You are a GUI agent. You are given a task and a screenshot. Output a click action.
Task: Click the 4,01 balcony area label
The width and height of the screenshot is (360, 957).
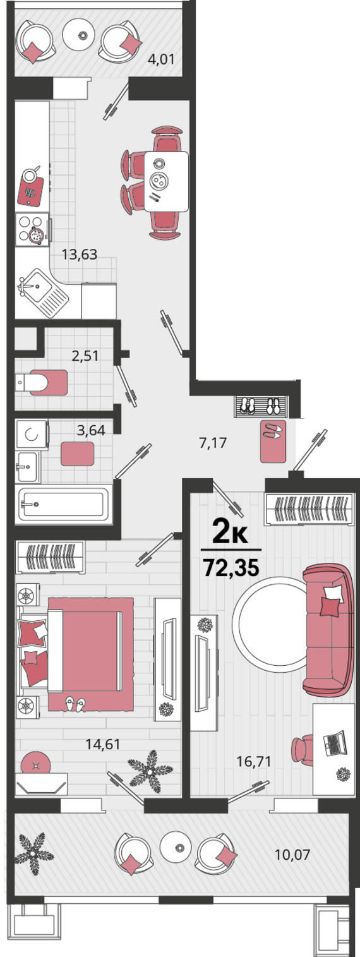161,59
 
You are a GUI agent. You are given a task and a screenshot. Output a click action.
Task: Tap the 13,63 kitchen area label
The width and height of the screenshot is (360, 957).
80,255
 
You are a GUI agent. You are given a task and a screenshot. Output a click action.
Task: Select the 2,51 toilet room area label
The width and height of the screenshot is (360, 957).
85,356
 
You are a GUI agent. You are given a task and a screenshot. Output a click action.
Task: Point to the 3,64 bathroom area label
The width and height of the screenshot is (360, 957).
91,430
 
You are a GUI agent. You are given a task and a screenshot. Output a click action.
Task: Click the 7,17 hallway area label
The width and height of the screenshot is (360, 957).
213,443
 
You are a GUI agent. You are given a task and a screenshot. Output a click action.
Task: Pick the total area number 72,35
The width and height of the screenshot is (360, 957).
231,568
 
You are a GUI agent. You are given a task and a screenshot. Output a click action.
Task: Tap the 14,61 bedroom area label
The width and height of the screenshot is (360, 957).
103,744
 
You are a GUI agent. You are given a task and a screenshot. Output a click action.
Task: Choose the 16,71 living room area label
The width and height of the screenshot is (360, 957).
255,761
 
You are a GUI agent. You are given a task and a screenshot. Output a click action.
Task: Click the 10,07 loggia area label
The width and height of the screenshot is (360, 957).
292,855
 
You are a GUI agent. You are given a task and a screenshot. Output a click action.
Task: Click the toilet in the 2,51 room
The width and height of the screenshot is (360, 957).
41,382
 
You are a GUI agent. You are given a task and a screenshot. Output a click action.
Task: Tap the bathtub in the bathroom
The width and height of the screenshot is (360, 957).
64,505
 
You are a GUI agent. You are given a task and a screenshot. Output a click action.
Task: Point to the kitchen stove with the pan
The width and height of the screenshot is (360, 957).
33,230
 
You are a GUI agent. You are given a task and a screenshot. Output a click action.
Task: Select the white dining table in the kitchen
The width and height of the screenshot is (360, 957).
166,181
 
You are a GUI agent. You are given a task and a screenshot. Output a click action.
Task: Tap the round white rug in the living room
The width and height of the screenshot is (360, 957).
270,624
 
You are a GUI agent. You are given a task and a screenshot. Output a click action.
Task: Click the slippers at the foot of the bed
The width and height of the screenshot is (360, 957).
75,704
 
